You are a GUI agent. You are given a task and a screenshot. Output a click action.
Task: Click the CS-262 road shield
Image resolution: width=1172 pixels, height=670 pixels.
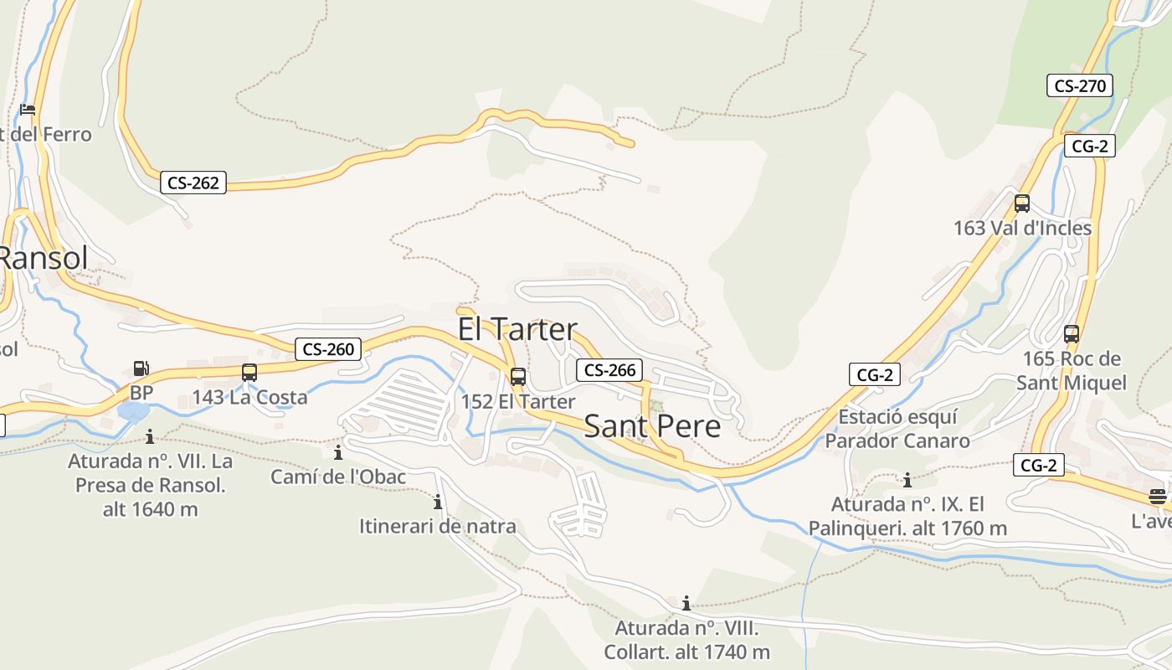tap(193, 183)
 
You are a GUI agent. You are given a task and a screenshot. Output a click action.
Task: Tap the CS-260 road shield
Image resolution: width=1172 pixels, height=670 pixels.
tap(329, 349)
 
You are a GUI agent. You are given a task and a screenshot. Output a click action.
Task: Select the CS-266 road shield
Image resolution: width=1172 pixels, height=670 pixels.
tap(610, 370)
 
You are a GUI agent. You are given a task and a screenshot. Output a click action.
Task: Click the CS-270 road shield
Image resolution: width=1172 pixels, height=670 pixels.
tap(1080, 85)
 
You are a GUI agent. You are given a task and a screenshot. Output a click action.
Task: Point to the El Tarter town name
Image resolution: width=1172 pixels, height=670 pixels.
tap(517, 329)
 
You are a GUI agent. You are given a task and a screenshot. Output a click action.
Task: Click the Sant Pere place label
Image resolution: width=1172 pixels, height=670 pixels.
tap(652, 426)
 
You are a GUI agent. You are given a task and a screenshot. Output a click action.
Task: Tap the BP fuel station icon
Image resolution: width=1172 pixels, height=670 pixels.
tap(141, 368)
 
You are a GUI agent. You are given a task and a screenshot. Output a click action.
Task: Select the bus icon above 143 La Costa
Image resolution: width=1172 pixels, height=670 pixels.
tap(249, 373)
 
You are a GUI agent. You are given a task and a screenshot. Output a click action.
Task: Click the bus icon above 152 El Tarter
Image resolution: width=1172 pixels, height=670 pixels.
tap(518, 377)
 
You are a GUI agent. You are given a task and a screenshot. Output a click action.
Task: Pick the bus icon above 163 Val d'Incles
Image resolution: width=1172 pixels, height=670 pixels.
tap(1022, 203)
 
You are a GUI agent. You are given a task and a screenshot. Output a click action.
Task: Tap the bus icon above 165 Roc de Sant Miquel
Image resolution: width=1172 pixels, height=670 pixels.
tap(1072, 334)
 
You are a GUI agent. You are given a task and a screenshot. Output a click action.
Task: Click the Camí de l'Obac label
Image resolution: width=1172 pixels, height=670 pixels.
tap(338, 477)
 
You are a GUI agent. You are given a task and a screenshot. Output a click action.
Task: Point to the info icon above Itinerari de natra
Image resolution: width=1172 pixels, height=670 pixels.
tap(438, 502)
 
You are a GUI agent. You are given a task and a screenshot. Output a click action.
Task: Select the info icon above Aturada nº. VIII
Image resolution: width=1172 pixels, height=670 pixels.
tap(686, 603)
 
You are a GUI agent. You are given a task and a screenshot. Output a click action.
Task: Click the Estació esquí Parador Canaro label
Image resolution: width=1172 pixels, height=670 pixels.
tap(897, 429)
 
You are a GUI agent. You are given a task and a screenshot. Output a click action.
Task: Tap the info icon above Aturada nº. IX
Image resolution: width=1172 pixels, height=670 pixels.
tap(907, 481)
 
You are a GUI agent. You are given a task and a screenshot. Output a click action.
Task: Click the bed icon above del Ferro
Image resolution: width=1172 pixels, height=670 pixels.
tap(28, 110)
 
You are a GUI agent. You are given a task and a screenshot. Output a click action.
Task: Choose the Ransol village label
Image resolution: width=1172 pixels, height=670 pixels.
tap(42, 258)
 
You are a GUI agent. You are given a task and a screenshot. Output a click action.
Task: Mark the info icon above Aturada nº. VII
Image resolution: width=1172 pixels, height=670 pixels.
tap(150, 436)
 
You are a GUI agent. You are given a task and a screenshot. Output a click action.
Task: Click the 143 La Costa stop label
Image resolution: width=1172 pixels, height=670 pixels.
tap(249, 398)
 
